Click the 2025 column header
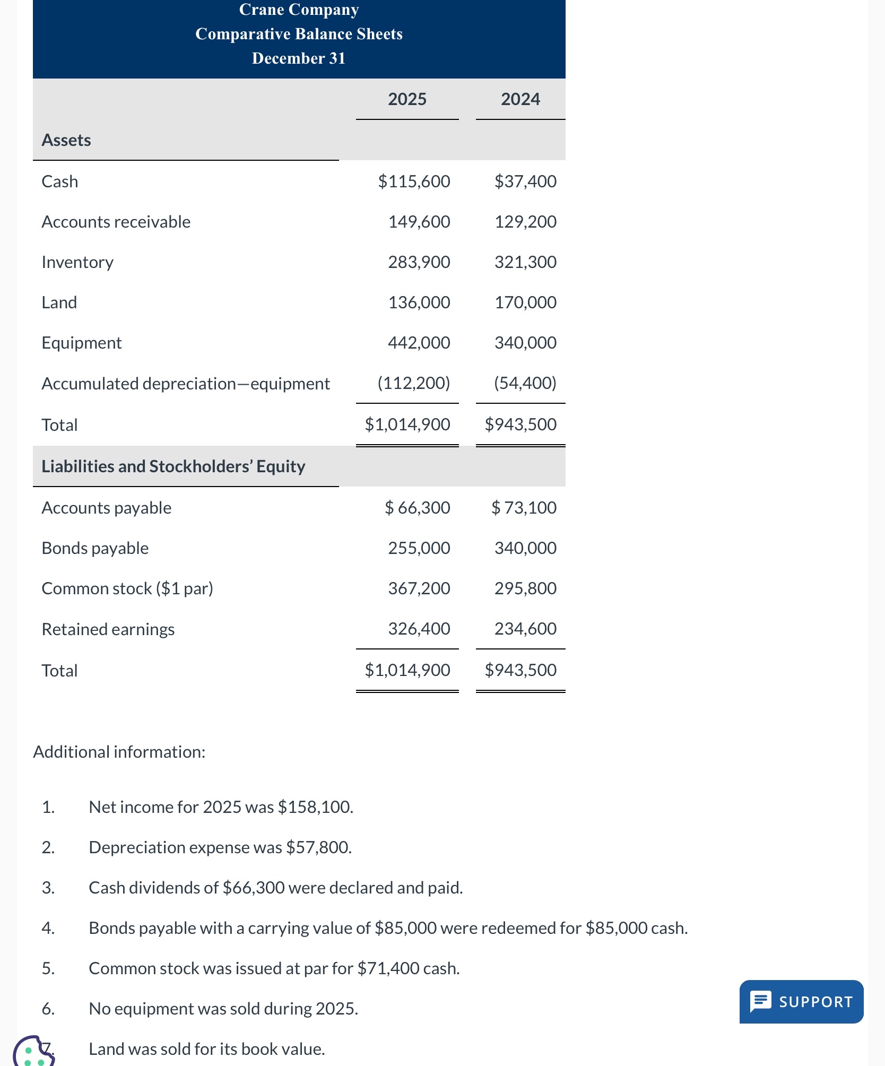pyautogui.click(x=407, y=99)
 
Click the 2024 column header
pyautogui.click(x=520, y=99)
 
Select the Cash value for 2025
pyautogui.click(x=414, y=181)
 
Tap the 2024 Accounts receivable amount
pyautogui.click(x=525, y=222)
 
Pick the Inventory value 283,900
pyautogui.click(x=419, y=262)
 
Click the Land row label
pyautogui.click(x=59, y=302)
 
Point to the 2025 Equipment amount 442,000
pyautogui.click(x=419, y=343)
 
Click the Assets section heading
pyautogui.click(x=66, y=140)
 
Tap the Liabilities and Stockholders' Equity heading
pyautogui.click(x=173, y=466)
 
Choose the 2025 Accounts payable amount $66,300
pyautogui.click(x=418, y=508)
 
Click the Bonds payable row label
pyautogui.click(x=95, y=548)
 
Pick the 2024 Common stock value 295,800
pyautogui.click(x=525, y=588)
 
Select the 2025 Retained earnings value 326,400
pyautogui.click(x=419, y=629)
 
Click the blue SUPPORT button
pyautogui.click(x=801, y=1001)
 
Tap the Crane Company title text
pyautogui.click(x=299, y=10)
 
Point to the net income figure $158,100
pyautogui.click(x=315, y=807)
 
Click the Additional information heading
pyautogui.click(x=119, y=752)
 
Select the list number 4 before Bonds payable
pyautogui.click(x=48, y=928)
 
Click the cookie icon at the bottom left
pyautogui.click(x=33, y=1052)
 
